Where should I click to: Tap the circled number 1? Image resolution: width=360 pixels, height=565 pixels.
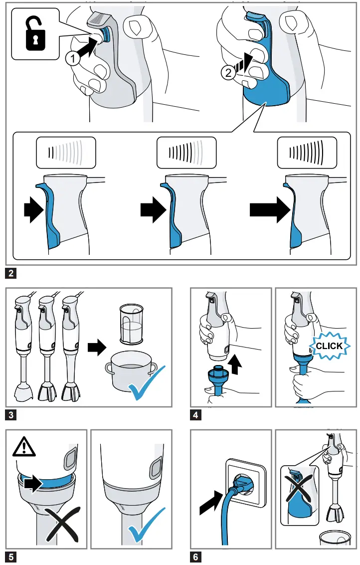pyautogui.click(x=73, y=58)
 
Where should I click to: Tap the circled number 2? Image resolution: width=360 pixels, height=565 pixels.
pyautogui.click(x=228, y=73)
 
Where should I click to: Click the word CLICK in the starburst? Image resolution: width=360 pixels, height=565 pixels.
pyautogui.click(x=329, y=346)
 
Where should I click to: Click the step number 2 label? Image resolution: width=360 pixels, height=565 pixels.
pyautogui.click(x=11, y=273)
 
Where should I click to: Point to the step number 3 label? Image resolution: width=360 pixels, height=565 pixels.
pyautogui.click(x=11, y=415)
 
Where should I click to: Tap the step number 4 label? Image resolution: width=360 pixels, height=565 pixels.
pyautogui.click(x=195, y=415)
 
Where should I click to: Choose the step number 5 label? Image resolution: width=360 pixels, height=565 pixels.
pyautogui.click(x=11, y=557)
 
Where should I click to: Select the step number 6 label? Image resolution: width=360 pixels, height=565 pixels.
pyautogui.click(x=195, y=557)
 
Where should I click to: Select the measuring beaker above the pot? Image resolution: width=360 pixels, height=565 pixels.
pyautogui.click(x=131, y=324)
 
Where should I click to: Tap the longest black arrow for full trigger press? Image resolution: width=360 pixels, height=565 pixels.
pyautogui.click(x=270, y=210)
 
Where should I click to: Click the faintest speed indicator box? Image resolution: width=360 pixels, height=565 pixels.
pyautogui.click(x=66, y=153)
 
